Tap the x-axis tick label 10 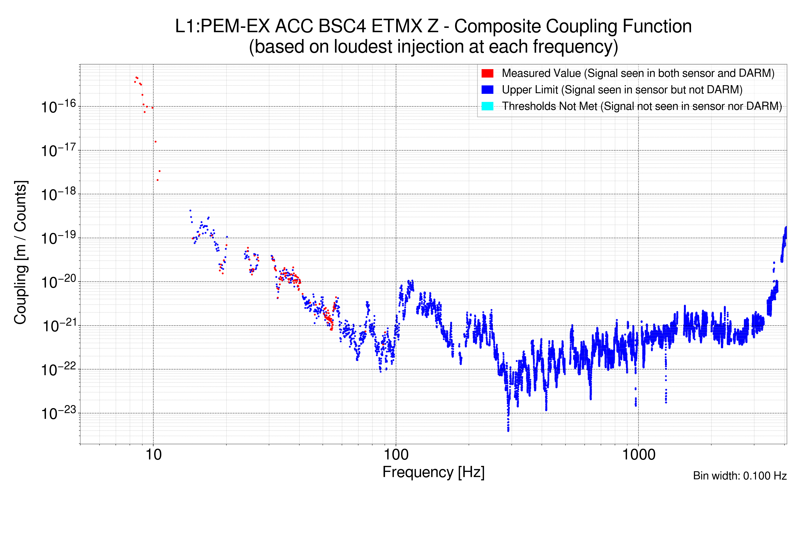[153, 455]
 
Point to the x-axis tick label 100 [396, 455]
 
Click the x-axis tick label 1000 [638, 455]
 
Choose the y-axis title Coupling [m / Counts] [21, 253]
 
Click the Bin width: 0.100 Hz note [739, 476]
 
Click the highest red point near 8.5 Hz [136, 77]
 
